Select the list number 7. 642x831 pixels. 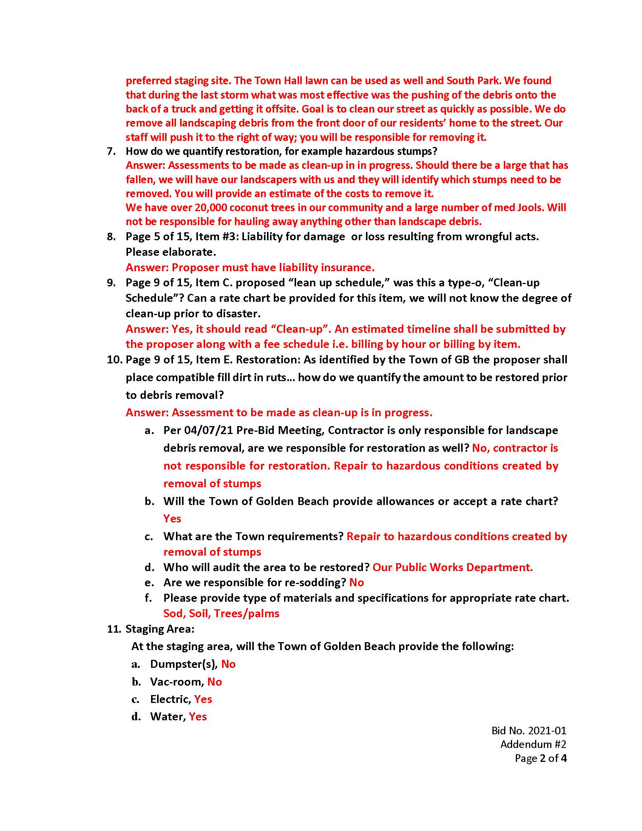[111, 151]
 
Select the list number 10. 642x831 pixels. [113, 360]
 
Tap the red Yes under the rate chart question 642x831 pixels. [172, 519]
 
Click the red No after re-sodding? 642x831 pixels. [356, 582]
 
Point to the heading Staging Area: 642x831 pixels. [160, 629]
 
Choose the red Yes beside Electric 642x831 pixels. [203, 699]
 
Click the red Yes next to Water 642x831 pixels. [198, 717]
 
